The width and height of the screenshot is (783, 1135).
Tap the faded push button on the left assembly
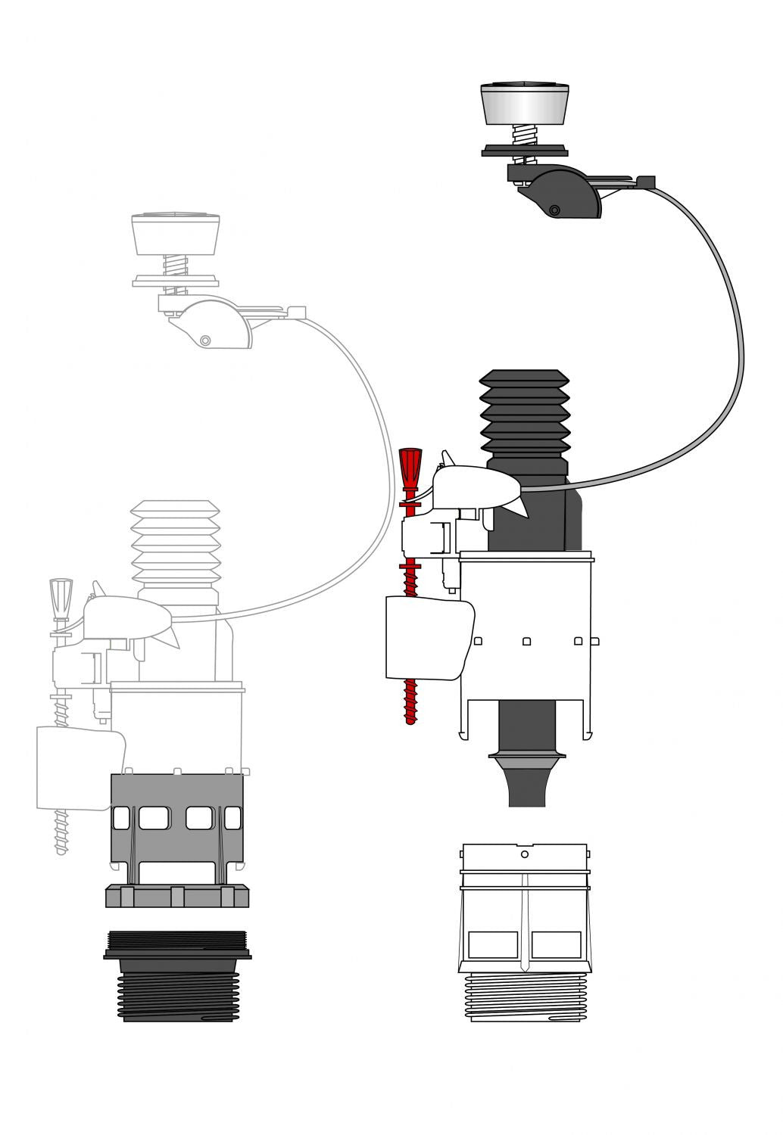pos(176,234)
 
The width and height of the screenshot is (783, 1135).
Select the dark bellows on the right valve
pos(524,412)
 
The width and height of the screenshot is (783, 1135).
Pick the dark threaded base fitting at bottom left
pos(177,980)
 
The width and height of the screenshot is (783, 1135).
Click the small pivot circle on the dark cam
pos(554,210)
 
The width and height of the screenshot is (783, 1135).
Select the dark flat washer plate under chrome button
pos(524,150)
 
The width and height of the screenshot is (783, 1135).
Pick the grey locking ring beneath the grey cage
pos(177,896)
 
